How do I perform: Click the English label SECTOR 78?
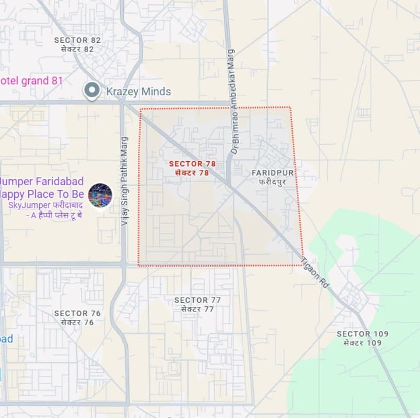coord(192,164)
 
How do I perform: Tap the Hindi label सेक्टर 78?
coord(192,173)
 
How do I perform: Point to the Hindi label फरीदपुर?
coord(272,182)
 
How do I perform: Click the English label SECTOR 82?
coord(77,40)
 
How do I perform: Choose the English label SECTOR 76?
coord(77,313)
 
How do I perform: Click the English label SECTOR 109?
coord(362,334)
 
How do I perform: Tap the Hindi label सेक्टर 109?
coord(362,343)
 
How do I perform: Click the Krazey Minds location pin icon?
coord(92,91)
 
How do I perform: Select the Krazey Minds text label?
coord(138,92)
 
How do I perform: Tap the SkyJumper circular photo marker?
coord(100,196)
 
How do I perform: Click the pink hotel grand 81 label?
coord(31,81)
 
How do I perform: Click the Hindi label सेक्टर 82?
coord(77,49)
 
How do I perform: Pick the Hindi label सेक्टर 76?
coord(77,322)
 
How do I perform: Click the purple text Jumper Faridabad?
coord(35,181)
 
